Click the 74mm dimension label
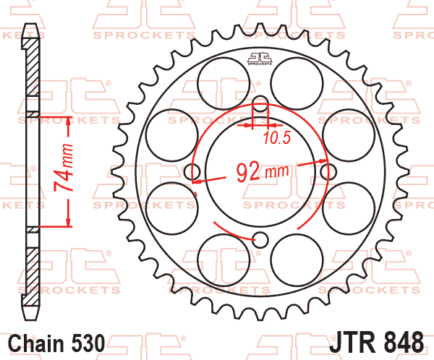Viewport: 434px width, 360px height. [64, 168]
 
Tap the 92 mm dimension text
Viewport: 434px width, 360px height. [263, 171]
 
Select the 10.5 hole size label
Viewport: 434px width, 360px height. [277, 138]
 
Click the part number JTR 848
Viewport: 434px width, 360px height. [376, 343]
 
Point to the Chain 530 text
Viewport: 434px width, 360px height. [56, 343]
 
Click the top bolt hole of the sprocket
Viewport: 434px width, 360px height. [260, 103]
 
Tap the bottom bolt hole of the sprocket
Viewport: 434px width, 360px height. [260, 240]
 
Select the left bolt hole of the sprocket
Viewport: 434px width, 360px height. [192, 172]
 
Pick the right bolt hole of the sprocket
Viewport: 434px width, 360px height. [328, 172]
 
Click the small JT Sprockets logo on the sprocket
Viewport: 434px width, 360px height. [260, 59]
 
